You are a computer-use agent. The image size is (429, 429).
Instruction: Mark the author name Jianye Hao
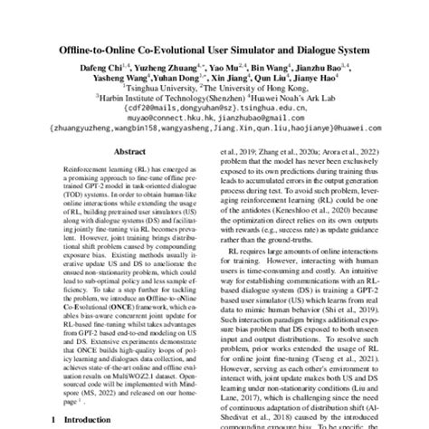(328, 80)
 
